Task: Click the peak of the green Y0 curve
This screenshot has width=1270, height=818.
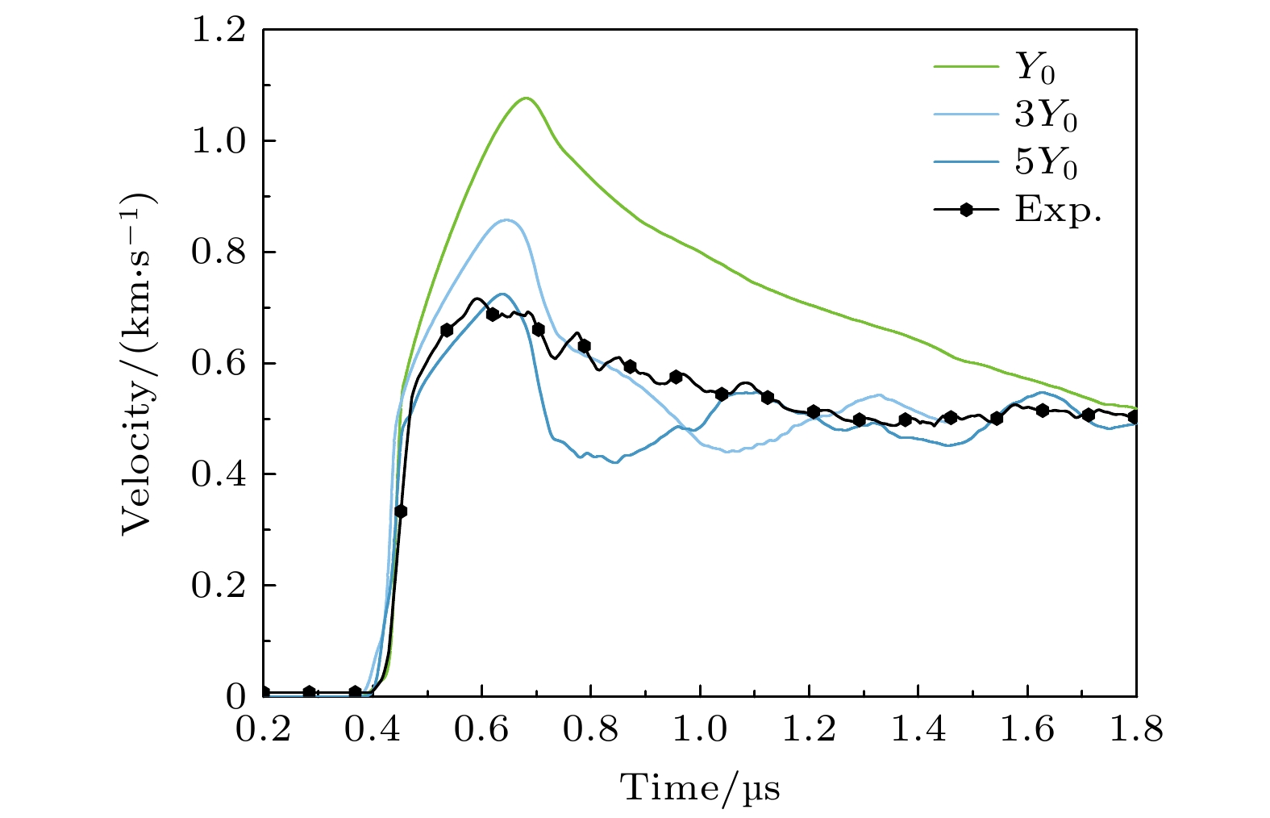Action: point(527,98)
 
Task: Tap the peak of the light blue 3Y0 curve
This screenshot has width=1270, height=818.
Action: point(506,219)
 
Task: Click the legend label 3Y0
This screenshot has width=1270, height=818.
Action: point(1046,118)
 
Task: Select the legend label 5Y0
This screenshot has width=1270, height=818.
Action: point(1046,164)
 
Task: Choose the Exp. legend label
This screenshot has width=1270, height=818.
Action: point(1058,211)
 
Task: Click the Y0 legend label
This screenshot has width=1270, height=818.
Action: point(1035,70)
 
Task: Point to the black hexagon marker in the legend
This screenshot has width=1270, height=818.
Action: point(966,210)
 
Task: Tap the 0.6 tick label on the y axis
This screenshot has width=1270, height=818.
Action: point(218,363)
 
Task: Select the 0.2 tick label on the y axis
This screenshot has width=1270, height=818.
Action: point(218,586)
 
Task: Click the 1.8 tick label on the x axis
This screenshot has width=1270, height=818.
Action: point(1136,731)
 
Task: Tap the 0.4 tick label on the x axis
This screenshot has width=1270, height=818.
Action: point(372,731)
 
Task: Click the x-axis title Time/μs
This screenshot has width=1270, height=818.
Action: point(700,787)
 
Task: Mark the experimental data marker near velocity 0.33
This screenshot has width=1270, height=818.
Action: point(401,511)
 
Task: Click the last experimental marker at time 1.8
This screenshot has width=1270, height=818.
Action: point(1134,417)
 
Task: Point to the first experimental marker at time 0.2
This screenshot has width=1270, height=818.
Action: point(264,692)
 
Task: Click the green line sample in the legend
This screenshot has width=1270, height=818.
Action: point(966,69)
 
